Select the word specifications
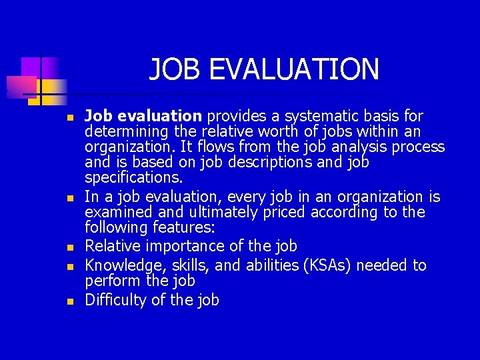point(133,177)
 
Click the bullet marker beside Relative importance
point(69,247)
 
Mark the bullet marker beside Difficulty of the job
point(69,301)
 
